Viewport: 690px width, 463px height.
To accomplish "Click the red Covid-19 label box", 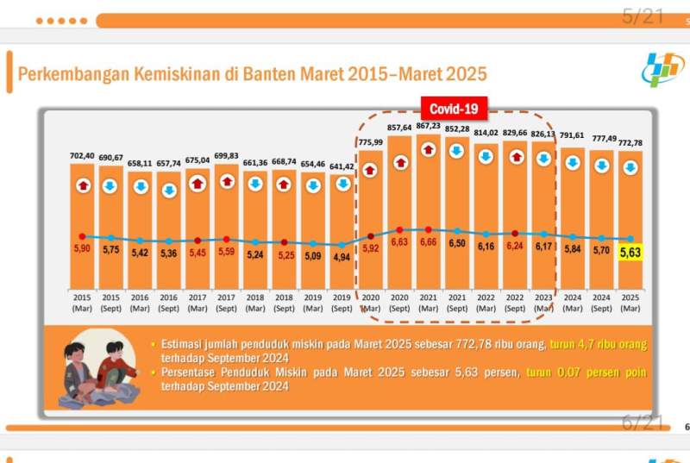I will pyautogui.click(x=454, y=109).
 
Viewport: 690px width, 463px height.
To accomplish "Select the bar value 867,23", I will pyautogui.click(x=429, y=126).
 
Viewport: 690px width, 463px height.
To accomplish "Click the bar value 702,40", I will pyautogui.click(x=82, y=156).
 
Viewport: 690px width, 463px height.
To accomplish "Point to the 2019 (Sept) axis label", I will pyautogui.click(x=342, y=302).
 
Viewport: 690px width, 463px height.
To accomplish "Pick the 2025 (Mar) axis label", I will pyautogui.click(x=630, y=302).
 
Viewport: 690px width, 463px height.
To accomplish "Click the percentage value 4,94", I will pyautogui.click(x=342, y=257).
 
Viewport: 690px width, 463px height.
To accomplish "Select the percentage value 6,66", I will pyautogui.click(x=429, y=243).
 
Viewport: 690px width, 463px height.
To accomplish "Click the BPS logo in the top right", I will pyautogui.click(x=661, y=69).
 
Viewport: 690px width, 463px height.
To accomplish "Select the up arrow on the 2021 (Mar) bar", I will pyautogui.click(x=429, y=150).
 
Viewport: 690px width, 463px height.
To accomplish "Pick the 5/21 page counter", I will pyautogui.click(x=643, y=16).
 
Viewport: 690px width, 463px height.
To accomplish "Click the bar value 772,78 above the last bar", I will pyautogui.click(x=630, y=141).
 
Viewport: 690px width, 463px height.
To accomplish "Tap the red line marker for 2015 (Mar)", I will pyautogui.click(x=82, y=235).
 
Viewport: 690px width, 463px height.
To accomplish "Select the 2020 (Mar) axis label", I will pyautogui.click(x=371, y=302).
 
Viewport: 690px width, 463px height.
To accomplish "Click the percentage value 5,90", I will pyautogui.click(x=82, y=248).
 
